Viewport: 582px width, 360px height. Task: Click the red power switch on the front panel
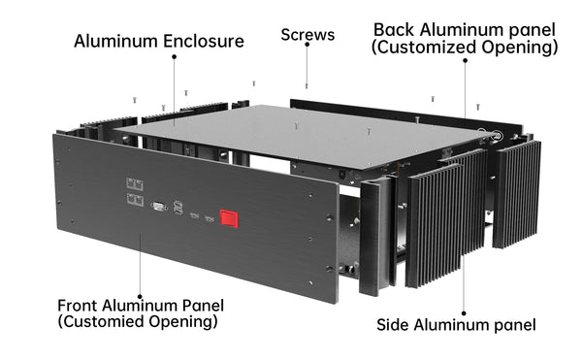229,218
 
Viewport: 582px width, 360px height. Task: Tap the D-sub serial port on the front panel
159,207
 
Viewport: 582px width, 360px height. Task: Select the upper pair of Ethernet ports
135,184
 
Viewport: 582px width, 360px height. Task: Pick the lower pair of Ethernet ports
135,200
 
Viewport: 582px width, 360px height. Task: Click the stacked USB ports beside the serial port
178,208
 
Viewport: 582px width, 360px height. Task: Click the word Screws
307,35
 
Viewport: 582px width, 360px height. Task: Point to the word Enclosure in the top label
204,41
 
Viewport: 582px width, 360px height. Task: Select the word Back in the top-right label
394,30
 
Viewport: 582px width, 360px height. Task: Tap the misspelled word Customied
101,321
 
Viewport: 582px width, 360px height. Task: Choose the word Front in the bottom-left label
78,306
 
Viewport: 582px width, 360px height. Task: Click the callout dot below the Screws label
307,45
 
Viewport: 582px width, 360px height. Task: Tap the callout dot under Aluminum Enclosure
174,56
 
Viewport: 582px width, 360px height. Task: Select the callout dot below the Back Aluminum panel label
465,60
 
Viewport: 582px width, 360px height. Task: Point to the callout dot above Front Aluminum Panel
140,297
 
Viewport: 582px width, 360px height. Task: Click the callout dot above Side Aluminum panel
464,313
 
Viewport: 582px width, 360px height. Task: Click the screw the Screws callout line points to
307,86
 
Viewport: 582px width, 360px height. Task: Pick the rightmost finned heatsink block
516,194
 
